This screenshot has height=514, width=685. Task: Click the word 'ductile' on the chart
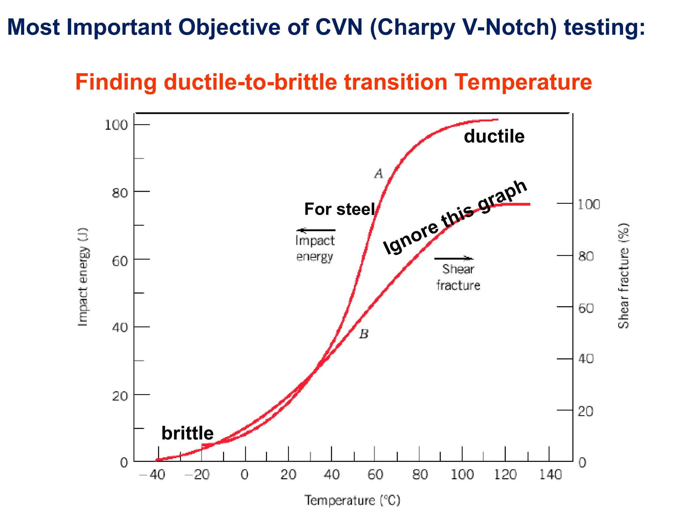(x=494, y=137)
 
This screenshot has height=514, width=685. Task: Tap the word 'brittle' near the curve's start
(x=187, y=433)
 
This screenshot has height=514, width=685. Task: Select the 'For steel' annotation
(x=339, y=209)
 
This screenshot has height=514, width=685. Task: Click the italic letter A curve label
(x=379, y=174)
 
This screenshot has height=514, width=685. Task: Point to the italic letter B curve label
(x=364, y=334)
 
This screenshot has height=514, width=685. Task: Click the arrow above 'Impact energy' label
(x=315, y=230)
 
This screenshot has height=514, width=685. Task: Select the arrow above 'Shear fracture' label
(x=454, y=258)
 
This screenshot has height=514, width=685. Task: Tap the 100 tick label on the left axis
(x=116, y=125)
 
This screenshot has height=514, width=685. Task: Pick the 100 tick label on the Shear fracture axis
(x=589, y=204)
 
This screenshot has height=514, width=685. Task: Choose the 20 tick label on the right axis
(x=586, y=411)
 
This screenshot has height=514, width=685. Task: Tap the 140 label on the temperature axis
(x=550, y=475)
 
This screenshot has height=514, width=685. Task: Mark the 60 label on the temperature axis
(x=375, y=475)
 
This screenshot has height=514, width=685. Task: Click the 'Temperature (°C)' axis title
(x=352, y=501)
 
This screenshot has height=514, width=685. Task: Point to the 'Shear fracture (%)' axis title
(x=623, y=276)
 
